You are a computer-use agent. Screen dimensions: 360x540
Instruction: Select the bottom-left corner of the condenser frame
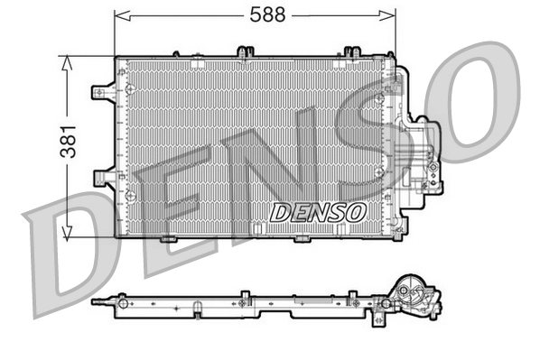coord(118,235)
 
